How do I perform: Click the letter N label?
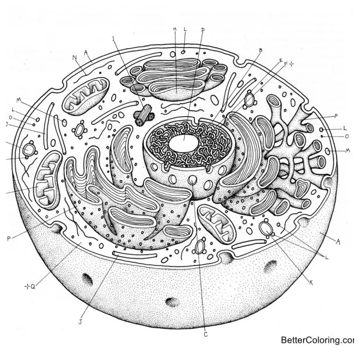[75, 57]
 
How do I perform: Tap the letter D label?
[203, 30]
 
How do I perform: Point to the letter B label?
[260, 51]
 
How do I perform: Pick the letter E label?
[280, 60]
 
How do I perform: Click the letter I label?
[114, 39]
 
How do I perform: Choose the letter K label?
[311, 283]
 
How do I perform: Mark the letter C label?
[205, 334]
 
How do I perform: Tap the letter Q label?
[32, 286]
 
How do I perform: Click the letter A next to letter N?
[86, 52]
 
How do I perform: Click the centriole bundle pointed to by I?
[141, 117]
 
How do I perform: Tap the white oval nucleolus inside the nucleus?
[184, 139]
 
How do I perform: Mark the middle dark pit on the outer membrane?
[171, 302]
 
